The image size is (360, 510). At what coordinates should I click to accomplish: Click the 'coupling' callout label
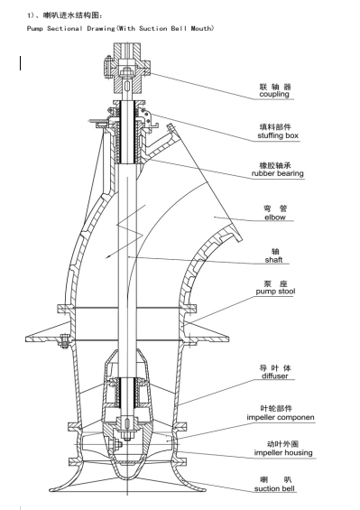[x=274, y=94]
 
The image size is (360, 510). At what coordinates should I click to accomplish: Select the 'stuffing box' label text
[x=278, y=135]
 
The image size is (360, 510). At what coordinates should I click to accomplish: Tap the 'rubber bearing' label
[x=277, y=173]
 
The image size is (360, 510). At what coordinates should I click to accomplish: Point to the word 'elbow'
[x=275, y=218]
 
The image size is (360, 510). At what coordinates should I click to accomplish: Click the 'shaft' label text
[x=273, y=260]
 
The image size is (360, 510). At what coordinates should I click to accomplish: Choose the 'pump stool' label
[x=275, y=291]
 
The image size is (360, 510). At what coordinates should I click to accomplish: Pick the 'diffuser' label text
[x=275, y=376]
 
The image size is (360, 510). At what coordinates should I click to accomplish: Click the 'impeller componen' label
[x=281, y=417]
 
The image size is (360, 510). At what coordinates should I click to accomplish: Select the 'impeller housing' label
[x=283, y=452]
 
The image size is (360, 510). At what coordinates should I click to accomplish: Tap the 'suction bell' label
[x=274, y=488]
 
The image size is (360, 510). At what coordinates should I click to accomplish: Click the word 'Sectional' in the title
[x=65, y=28]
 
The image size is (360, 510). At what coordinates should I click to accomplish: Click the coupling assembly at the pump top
[x=127, y=68]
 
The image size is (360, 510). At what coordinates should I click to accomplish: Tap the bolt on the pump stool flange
[x=64, y=341]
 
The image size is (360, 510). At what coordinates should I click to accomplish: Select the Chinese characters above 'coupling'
[x=275, y=87]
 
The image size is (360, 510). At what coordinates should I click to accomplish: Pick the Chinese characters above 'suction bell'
[x=276, y=479]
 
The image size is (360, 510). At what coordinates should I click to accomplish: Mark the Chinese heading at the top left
[x=65, y=15]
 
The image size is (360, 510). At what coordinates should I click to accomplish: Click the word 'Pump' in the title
[x=35, y=28]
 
